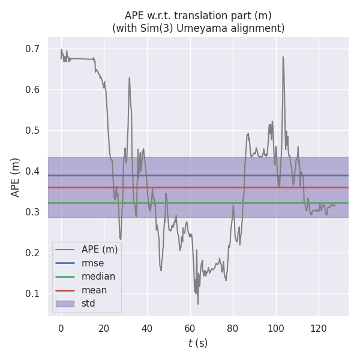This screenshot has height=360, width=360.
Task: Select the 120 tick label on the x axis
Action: coord(319,328)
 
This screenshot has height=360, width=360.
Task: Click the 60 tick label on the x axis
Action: coord(190,328)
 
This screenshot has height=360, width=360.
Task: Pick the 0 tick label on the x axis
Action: coord(61,328)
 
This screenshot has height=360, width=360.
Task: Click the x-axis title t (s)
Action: coord(198,343)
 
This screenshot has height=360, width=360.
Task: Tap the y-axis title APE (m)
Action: coord(16,177)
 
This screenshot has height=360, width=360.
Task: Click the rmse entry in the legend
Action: coord(92,262)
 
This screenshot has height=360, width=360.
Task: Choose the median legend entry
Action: coord(98,276)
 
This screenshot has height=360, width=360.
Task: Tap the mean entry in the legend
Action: coord(94,290)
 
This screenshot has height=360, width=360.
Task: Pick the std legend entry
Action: coord(89,304)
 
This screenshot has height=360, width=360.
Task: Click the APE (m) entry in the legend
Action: coord(100,248)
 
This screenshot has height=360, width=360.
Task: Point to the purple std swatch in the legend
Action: coord(65,304)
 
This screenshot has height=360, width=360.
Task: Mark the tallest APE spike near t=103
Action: coord(283,57)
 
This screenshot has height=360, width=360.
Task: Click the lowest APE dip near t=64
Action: coord(198,304)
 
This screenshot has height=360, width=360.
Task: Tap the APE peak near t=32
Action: coord(129,78)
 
